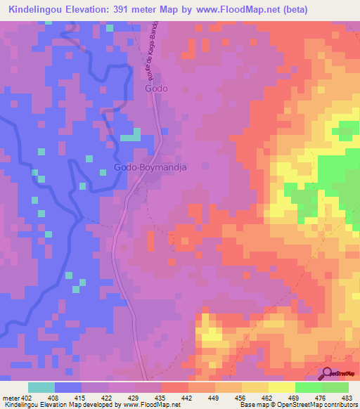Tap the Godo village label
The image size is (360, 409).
[x=156, y=90]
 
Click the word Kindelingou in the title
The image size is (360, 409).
[x=38, y=8]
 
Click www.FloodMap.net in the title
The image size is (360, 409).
[x=249, y=8]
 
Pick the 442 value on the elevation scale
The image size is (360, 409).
[x=185, y=398]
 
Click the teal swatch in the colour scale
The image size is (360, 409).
[x=41, y=388]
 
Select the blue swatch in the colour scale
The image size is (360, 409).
[x=68, y=388]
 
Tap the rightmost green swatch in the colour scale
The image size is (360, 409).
[x=335, y=388]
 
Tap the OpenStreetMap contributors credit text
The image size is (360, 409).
[x=324, y=405]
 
